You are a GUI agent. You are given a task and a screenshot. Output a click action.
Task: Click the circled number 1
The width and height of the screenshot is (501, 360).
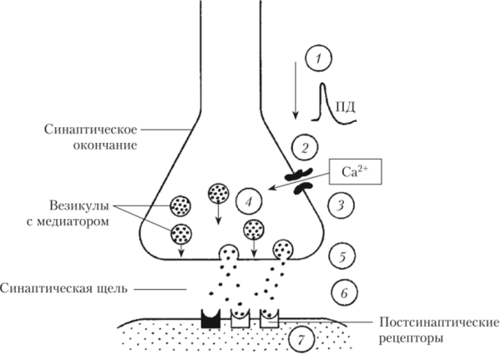click(318, 59)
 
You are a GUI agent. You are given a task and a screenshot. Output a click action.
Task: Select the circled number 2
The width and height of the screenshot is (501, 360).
click(306, 150)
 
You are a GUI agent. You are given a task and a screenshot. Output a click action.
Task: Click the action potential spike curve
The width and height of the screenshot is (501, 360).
click(334, 102)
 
